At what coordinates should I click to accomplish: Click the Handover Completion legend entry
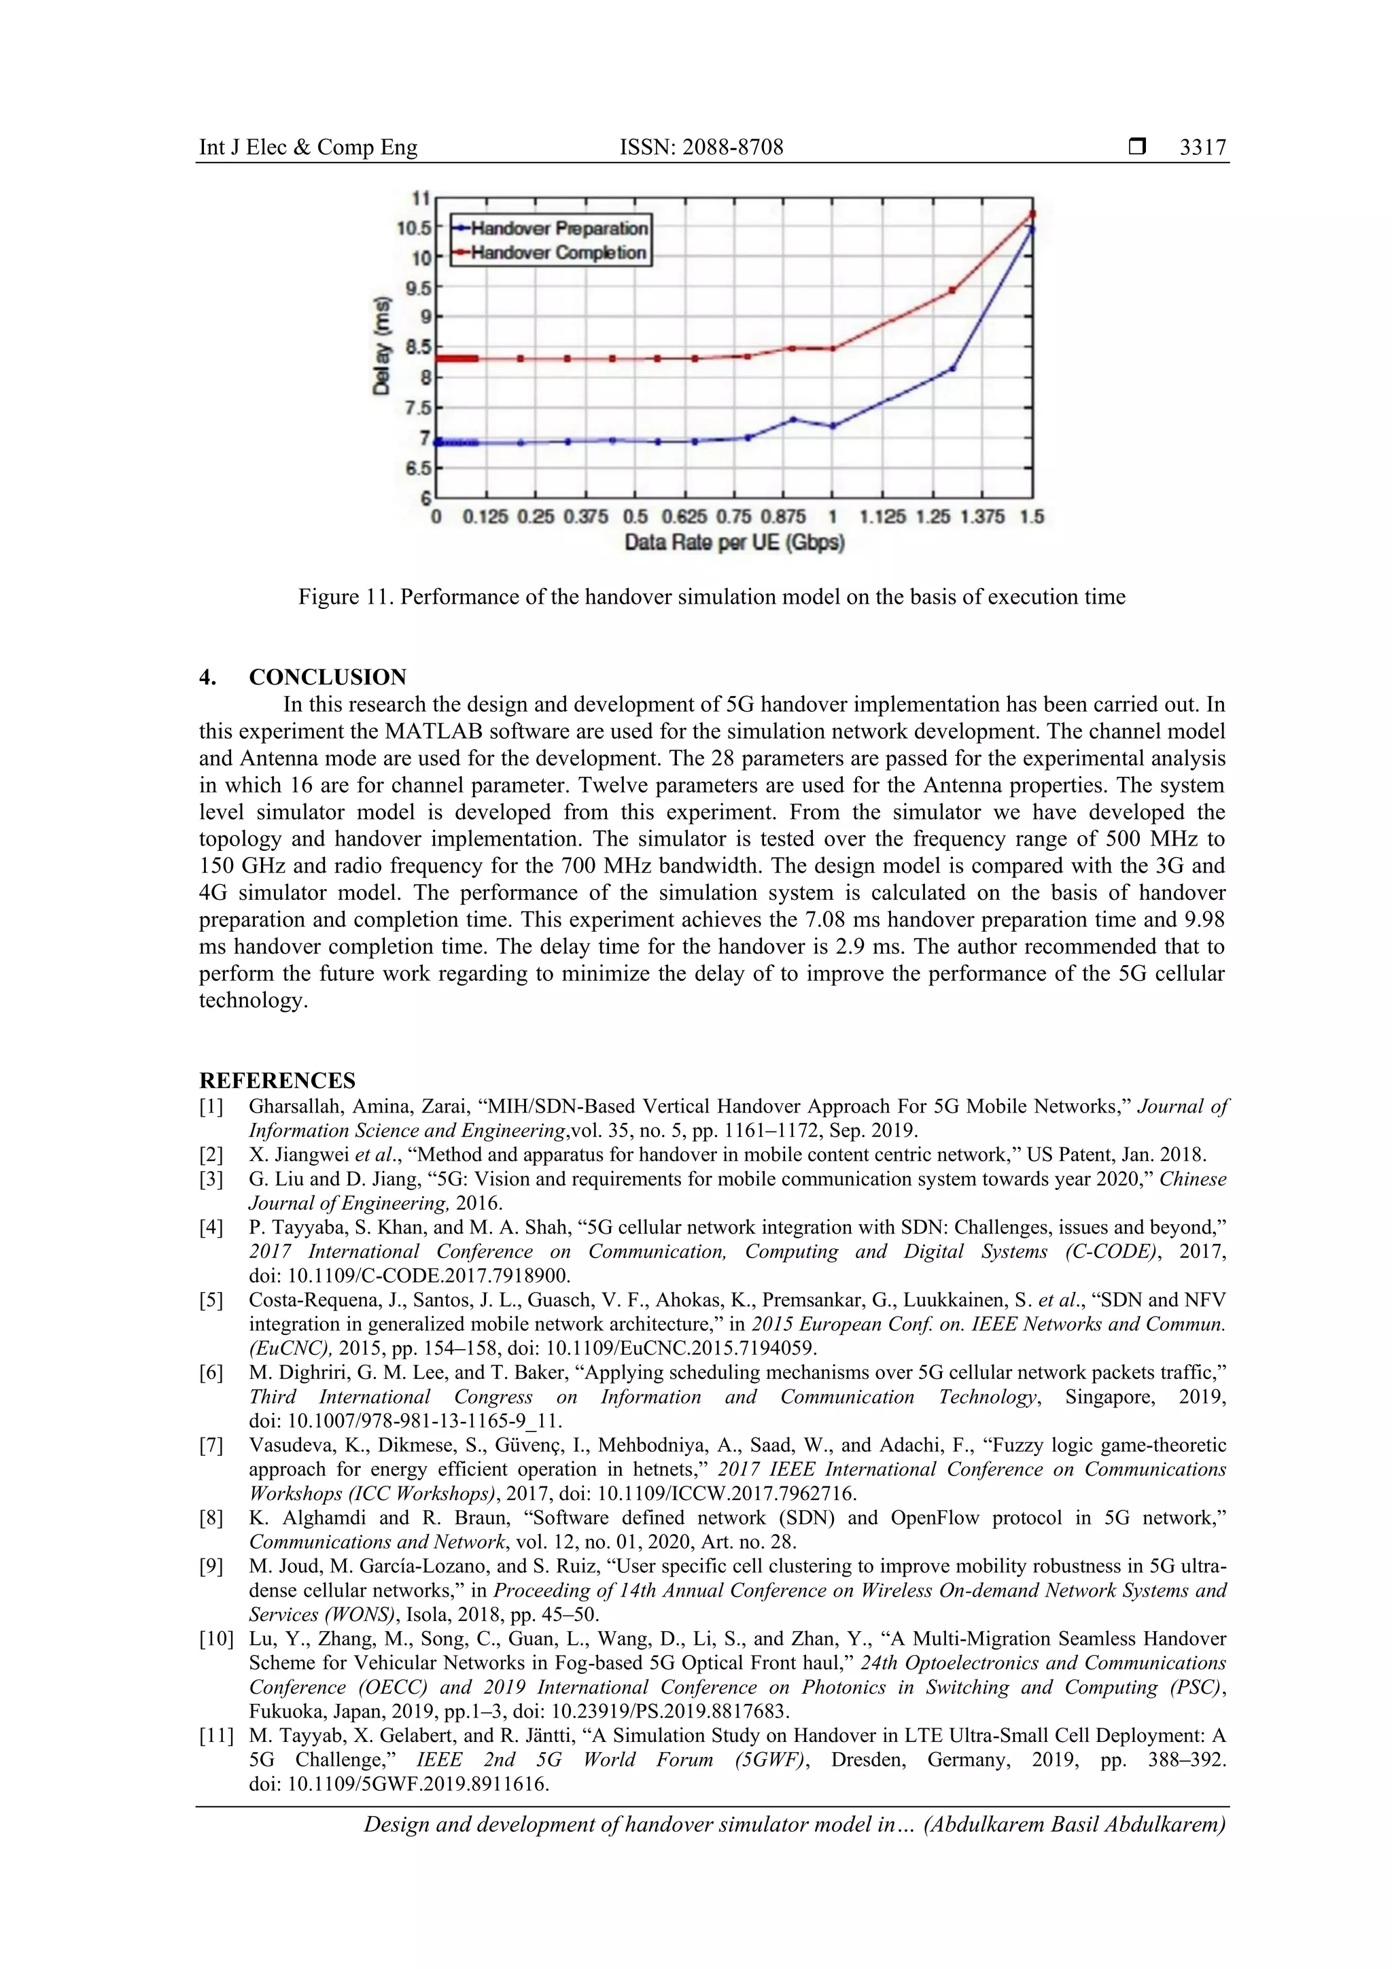click(x=557, y=253)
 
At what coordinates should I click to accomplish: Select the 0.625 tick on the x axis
click(x=684, y=517)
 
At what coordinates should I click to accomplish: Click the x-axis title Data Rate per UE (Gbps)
click(x=734, y=543)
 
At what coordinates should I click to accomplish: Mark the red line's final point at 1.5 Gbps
click(x=1032, y=214)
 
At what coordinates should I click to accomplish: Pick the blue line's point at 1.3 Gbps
click(x=952, y=369)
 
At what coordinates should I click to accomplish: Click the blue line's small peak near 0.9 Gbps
click(x=793, y=419)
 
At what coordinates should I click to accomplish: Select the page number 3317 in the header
click(x=1202, y=147)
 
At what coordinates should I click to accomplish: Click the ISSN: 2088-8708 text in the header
click(x=701, y=147)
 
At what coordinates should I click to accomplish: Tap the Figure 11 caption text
click(x=711, y=597)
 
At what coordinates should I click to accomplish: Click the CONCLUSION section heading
click(x=328, y=677)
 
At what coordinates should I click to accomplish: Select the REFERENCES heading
click(x=277, y=1081)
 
